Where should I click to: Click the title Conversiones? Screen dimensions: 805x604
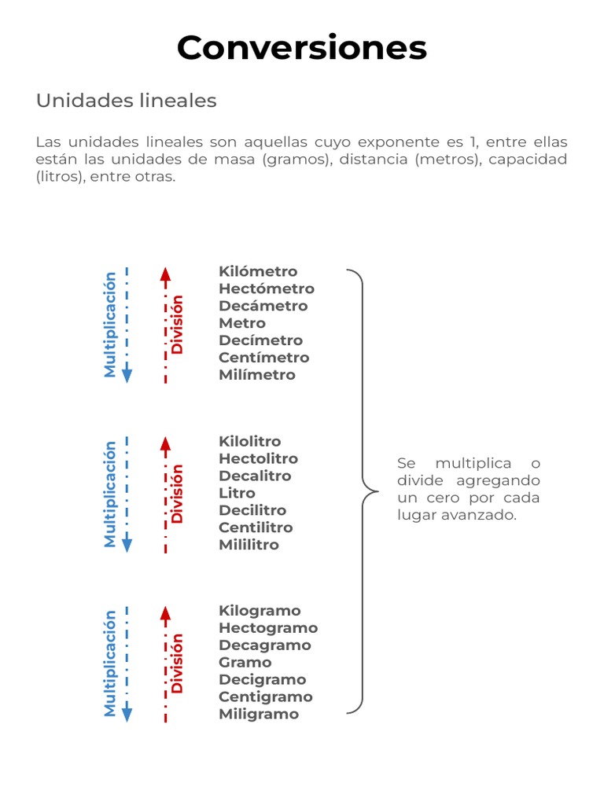301,48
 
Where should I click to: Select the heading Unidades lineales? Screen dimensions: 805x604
126,101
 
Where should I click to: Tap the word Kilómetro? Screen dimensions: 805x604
258,272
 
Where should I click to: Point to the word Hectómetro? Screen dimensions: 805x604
266,289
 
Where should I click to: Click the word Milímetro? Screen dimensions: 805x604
257,375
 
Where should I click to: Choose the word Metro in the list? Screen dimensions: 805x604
242,323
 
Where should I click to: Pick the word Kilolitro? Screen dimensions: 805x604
249,442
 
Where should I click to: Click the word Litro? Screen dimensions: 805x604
237,494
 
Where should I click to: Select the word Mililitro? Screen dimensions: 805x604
249,545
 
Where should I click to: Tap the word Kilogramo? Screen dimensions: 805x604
260,611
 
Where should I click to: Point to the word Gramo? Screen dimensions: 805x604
245,663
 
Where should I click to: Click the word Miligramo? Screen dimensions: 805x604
259,715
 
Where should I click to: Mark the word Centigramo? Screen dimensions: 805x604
265,697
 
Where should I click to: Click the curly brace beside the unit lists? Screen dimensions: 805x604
363,491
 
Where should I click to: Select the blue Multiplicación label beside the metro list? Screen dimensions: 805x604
110,325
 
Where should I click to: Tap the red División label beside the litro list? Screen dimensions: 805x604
178,494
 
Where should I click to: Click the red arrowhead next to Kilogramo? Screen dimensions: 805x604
165,614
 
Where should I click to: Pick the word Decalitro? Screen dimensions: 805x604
255,476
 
